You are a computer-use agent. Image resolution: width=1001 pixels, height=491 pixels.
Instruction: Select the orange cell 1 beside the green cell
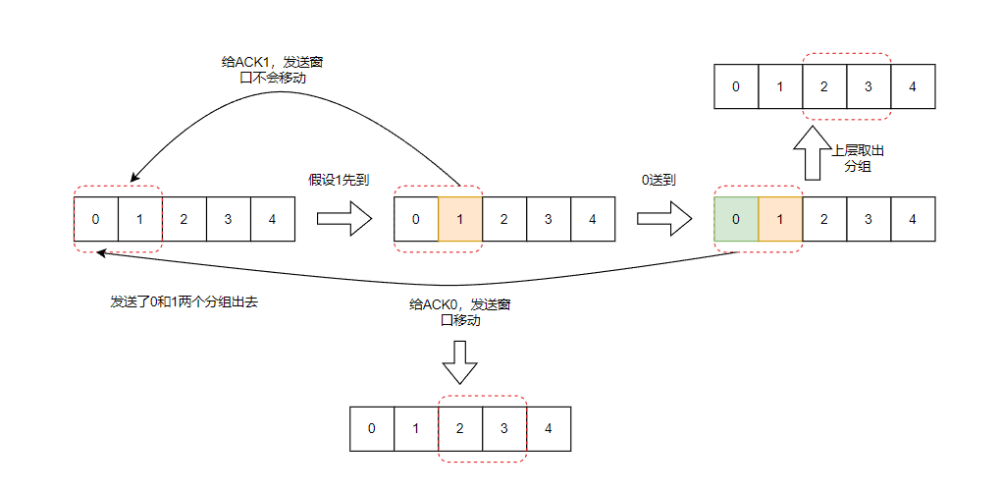780,218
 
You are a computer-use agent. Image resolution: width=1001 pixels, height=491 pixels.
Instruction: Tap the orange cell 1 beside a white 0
460,218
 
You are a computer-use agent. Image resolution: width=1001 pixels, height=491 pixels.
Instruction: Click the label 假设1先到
339,180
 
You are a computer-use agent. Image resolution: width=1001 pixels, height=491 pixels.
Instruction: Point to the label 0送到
659,180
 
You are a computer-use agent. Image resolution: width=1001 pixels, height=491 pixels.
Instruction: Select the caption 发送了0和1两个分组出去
184,302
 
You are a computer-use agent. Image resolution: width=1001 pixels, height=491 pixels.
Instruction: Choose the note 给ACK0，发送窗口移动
459,312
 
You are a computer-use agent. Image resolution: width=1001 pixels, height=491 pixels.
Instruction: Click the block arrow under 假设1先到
343,218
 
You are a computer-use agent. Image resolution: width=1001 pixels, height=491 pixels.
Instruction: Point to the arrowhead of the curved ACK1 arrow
132,180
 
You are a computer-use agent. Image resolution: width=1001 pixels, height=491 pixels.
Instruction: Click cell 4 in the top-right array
913,86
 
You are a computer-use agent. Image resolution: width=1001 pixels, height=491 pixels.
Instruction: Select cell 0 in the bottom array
371,428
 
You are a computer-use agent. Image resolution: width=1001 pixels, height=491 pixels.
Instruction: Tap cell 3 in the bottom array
504,428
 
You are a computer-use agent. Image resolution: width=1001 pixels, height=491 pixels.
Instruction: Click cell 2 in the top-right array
824,86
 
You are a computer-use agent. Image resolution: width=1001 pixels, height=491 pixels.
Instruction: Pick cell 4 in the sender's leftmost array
272,218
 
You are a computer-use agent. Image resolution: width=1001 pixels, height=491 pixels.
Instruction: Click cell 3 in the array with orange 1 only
549,218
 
